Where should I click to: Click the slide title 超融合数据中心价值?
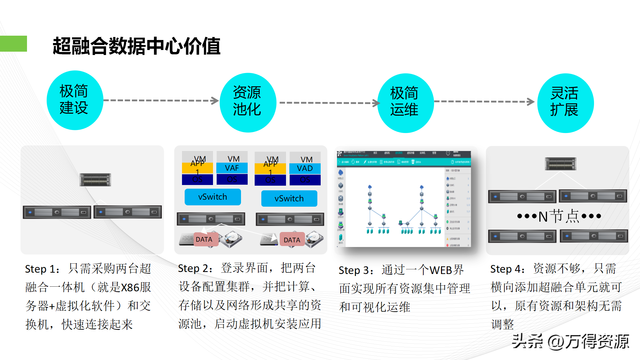[136, 46]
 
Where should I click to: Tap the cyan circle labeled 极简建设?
[75, 100]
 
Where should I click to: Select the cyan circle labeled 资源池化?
[248, 102]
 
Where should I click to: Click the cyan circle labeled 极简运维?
[405, 103]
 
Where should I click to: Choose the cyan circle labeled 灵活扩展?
[565, 103]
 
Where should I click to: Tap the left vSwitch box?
[213, 197]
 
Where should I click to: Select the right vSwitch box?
[289, 199]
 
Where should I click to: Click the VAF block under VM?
[232, 168]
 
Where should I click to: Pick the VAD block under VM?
[305, 168]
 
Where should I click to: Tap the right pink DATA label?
[292, 240]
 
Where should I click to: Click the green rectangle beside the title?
[13, 44]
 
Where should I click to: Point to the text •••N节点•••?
[559, 216]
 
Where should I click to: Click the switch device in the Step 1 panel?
[95, 180]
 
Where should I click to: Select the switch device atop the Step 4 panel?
[560, 164]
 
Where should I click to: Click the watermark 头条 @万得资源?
[570, 341]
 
